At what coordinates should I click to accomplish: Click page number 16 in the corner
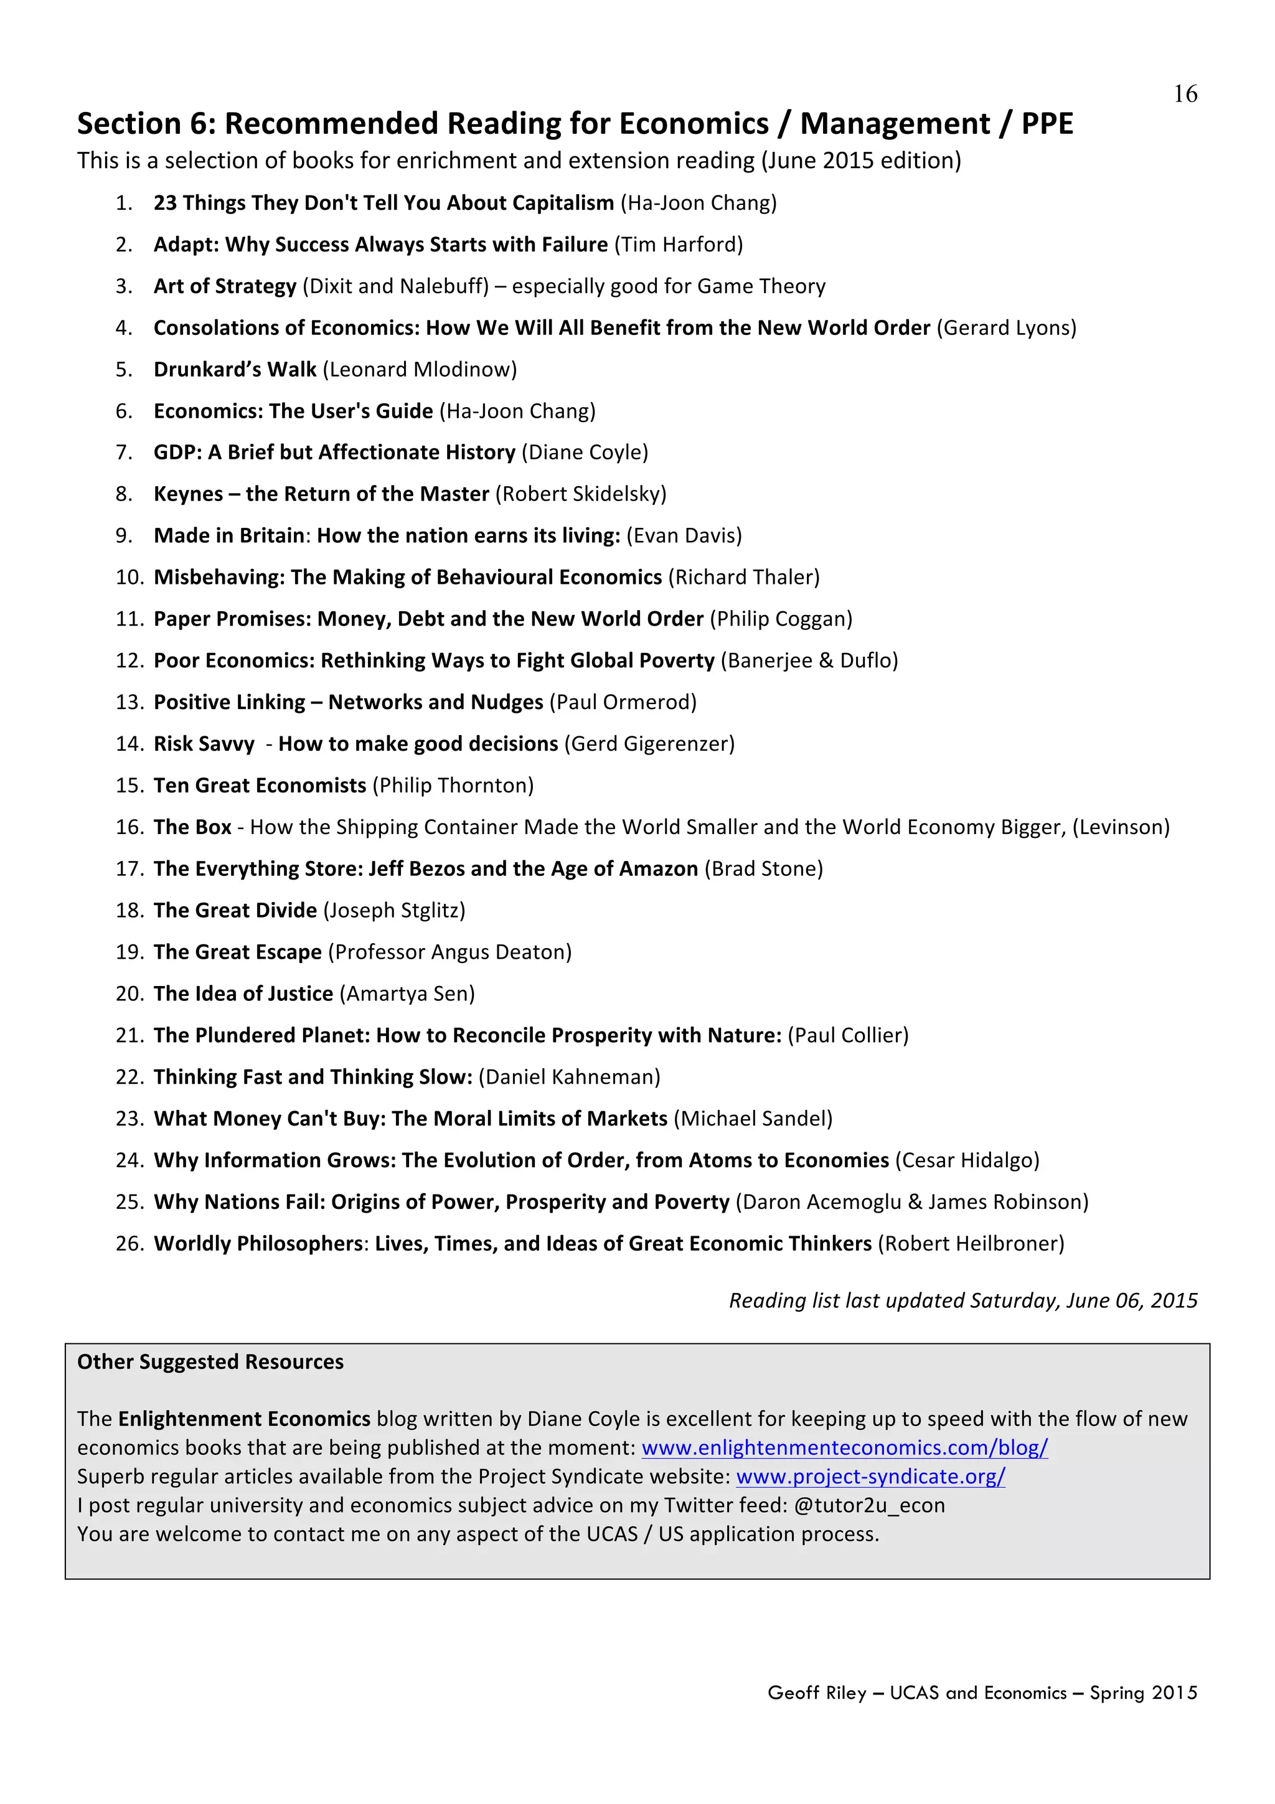tap(1185, 94)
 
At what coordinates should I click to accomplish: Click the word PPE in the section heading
tap(1047, 124)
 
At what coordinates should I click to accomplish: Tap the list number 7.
tap(123, 453)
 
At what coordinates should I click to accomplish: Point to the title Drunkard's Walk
tap(235, 369)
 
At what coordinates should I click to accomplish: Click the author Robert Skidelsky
tap(581, 494)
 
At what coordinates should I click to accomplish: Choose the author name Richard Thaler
tap(743, 578)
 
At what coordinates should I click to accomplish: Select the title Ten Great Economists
tap(260, 786)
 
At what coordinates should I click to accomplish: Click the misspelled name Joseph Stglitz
tap(394, 911)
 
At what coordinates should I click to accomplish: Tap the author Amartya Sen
tap(407, 994)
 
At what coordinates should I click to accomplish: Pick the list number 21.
tap(129, 1036)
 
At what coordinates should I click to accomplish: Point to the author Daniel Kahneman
tap(569, 1077)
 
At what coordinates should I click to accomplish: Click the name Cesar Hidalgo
tap(967, 1160)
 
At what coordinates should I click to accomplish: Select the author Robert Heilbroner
tap(971, 1244)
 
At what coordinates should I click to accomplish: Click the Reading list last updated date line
tap(962, 1301)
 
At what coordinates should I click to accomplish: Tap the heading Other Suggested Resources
tap(210, 1361)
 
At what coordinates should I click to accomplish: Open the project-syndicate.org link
tap(870, 1477)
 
